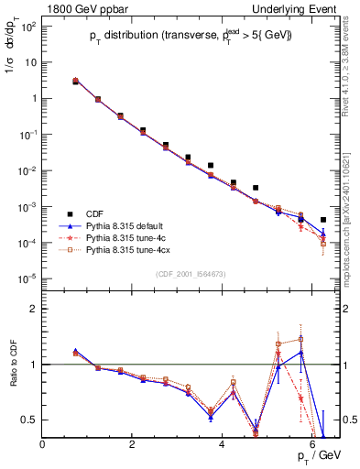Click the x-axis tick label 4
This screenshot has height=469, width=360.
click(x=223, y=444)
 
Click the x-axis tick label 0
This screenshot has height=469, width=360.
click(x=43, y=444)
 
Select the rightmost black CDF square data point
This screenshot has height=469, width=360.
click(x=323, y=220)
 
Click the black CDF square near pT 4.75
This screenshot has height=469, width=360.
click(x=256, y=188)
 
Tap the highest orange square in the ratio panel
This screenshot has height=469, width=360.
click(x=300, y=339)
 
